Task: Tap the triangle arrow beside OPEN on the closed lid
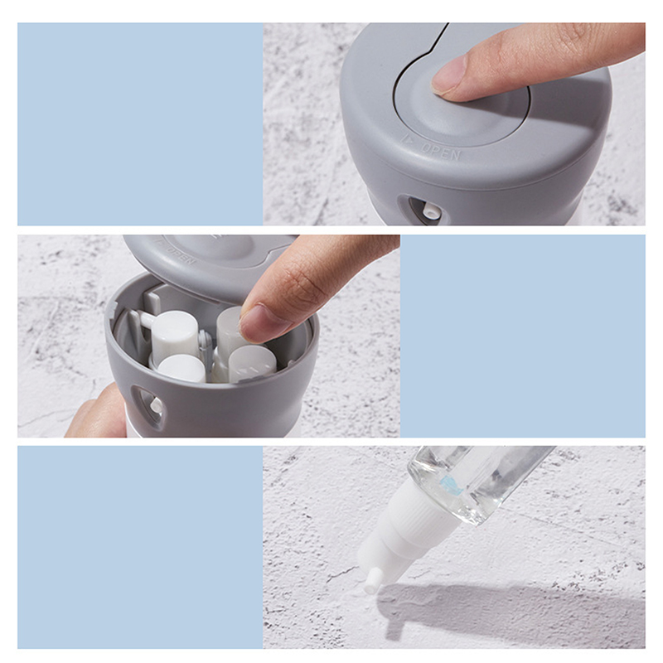click(409, 139)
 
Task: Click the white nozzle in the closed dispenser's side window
click(431, 211)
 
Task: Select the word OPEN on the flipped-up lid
click(180, 254)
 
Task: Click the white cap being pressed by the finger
click(230, 327)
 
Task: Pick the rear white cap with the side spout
click(171, 334)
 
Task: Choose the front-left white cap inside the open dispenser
click(181, 369)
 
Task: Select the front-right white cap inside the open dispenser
click(253, 363)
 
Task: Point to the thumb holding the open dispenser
click(97, 412)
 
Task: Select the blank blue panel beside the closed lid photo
click(140, 123)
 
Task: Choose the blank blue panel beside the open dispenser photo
click(523, 336)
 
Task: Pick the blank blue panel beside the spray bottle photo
click(140, 547)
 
